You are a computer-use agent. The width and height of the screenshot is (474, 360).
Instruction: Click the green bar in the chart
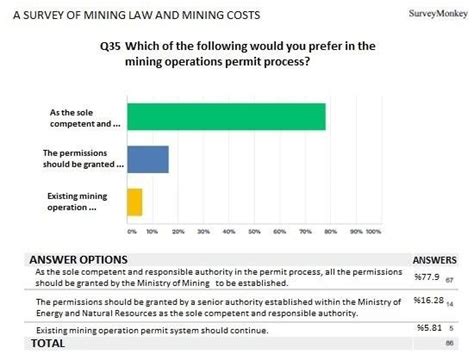pyautogui.click(x=225, y=116)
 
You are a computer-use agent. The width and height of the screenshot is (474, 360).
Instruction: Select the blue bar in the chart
pyautogui.click(x=147, y=159)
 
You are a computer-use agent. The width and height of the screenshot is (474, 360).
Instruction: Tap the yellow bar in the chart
pyautogui.click(x=134, y=202)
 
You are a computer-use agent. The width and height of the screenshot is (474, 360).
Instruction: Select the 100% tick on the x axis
pyautogui.click(x=374, y=229)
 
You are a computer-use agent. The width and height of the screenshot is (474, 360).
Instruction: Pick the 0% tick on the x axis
pyautogui.click(x=128, y=229)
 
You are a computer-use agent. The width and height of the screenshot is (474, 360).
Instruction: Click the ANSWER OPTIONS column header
pyautogui.click(x=78, y=258)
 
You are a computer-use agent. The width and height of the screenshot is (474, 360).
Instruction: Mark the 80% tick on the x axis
pyautogui.click(x=328, y=229)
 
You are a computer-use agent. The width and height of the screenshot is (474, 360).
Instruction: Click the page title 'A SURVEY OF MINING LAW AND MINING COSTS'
pyautogui.click(x=130, y=13)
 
